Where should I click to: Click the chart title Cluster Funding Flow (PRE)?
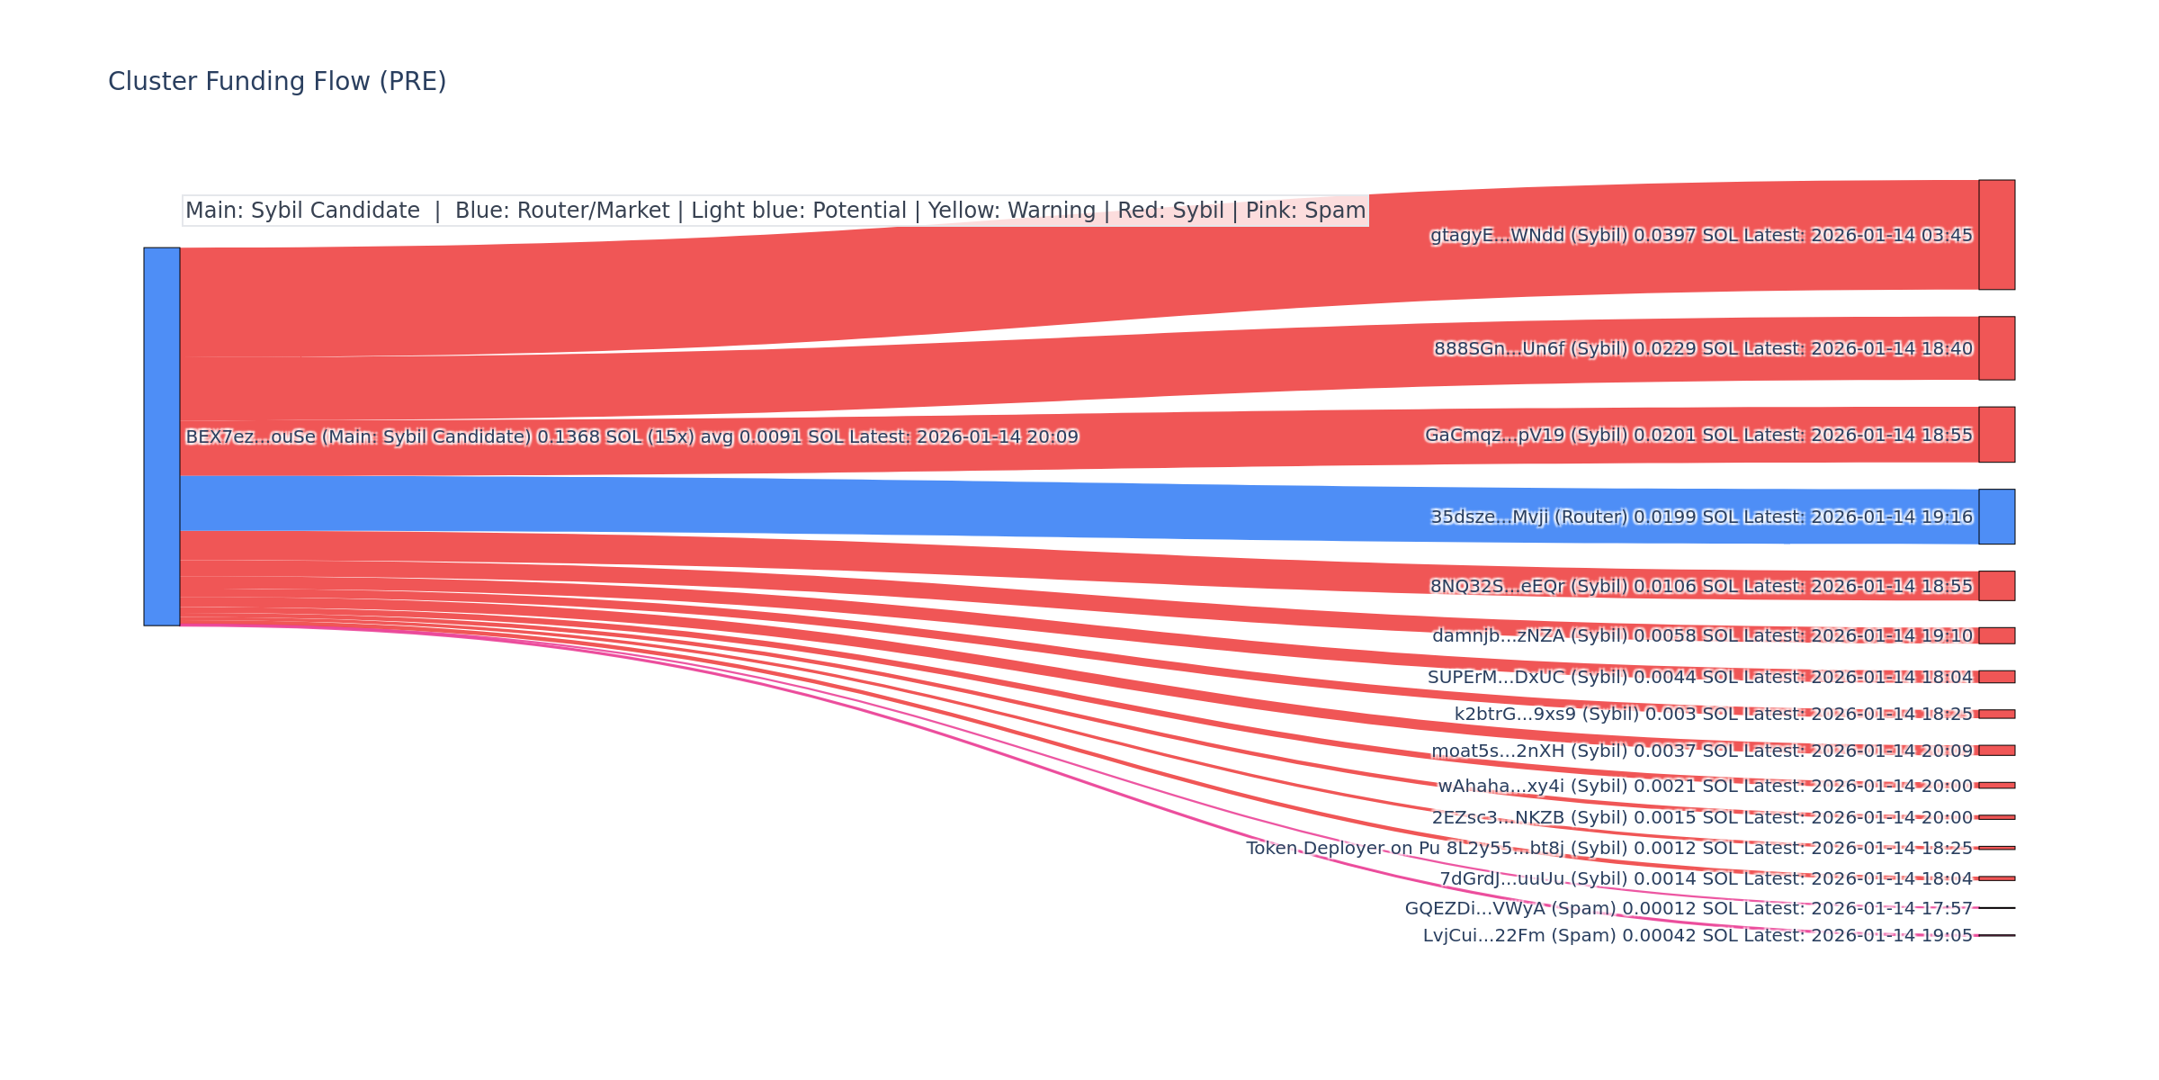click(277, 82)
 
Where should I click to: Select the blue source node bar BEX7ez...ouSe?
click(162, 436)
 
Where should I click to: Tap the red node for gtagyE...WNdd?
click(1996, 235)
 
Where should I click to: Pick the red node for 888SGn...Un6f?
click(1996, 348)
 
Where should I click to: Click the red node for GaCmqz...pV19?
click(1996, 435)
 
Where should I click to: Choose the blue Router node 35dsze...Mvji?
click(1996, 517)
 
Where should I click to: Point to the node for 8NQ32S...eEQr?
click(1996, 586)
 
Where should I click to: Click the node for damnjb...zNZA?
click(1996, 635)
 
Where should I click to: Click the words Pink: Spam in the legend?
click(1305, 211)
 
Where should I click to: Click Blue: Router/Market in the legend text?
click(562, 211)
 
